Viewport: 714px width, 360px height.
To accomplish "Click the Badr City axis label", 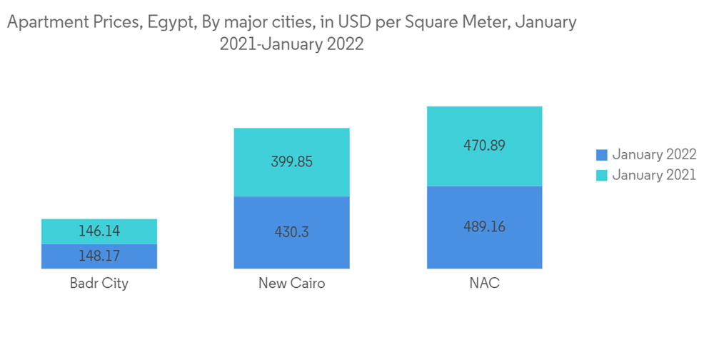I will click(x=99, y=283).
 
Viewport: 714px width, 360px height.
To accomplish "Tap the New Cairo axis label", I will click(x=291, y=283).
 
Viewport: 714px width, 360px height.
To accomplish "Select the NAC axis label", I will click(x=484, y=283).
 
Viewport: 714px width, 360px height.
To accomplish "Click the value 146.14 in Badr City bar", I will click(x=99, y=231).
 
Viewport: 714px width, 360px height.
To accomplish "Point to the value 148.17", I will click(x=99, y=256).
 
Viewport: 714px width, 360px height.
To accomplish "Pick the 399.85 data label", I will click(x=291, y=162).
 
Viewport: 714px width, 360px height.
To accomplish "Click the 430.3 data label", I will click(x=291, y=232).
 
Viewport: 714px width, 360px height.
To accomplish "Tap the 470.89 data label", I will click(x=484, y=146).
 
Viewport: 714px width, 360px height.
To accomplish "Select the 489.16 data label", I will click(x=484, y=226).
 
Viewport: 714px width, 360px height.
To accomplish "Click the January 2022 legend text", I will click(x=653, y=154).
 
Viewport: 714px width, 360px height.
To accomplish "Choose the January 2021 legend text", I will click(x=653, y=175).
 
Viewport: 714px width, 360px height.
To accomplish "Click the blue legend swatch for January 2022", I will click(x=601, y=154).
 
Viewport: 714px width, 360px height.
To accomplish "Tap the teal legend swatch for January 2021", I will click(x=601, y=175).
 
